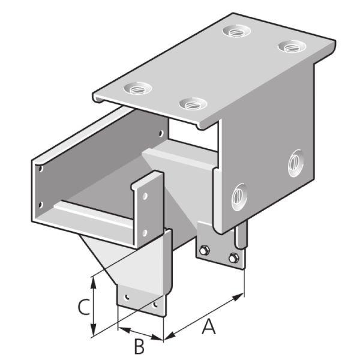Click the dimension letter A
208,326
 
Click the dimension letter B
139,346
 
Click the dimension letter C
84,307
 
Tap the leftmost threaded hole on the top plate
137,88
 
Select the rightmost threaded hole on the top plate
292,46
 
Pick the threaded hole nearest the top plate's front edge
193,104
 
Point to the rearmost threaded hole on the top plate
236,31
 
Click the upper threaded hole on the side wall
296,163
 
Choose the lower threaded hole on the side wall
239,197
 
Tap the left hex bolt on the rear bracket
204,250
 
